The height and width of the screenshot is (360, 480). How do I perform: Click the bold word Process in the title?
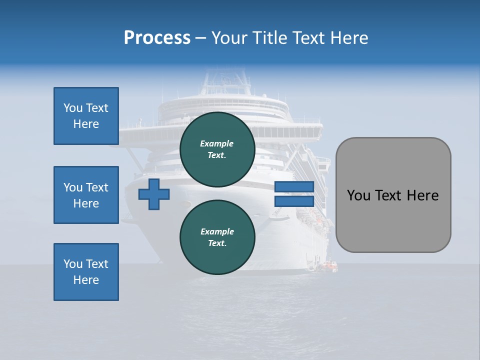tap(157, 37)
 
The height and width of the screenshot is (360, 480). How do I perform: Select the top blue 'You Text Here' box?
tap(86, 116)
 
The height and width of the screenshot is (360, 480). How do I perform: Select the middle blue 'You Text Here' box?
tap(86, 195)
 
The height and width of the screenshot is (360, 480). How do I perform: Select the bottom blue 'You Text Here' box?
tap(86, 271)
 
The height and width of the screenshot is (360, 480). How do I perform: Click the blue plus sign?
tap(154, 194)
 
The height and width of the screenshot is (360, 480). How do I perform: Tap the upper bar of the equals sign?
tap(294, 186)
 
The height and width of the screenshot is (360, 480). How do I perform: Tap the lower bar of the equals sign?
tap(294, 201)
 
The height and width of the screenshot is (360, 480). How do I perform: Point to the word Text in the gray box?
tap(394, 195)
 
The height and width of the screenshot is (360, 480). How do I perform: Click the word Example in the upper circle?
tap(217, 143)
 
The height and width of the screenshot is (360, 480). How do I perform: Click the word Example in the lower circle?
tap(217, 231)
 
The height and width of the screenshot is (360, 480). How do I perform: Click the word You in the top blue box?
tap(72, 108)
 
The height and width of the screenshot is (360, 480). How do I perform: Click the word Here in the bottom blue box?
tap(86, 280)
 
